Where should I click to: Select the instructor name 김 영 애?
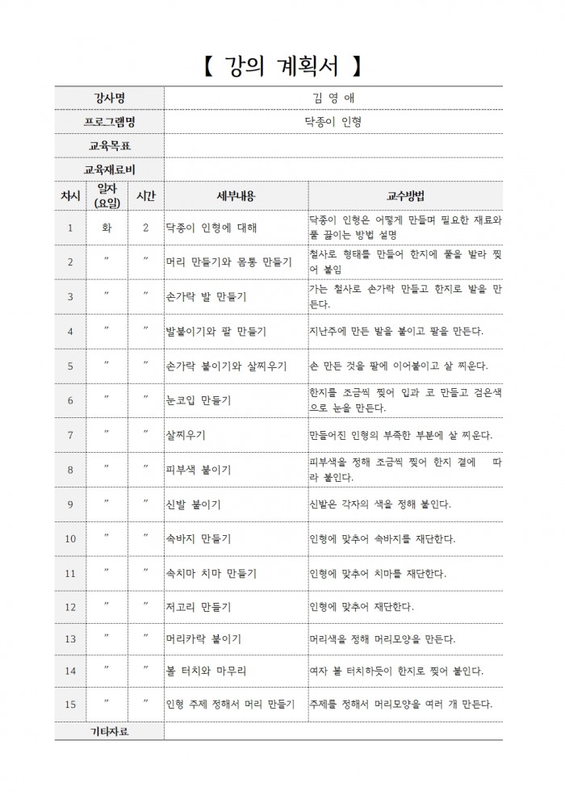[x=333, y=98]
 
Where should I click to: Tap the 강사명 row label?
[x=109, y=98]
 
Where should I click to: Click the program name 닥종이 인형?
[x=333, y=122]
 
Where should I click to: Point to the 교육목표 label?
[x=109, y=146]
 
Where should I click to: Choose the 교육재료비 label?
[x=109, y=170]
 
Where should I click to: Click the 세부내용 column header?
[x=236, y=196]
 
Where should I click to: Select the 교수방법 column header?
[x=405, y=196]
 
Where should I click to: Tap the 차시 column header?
[x=70, y=196]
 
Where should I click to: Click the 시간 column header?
[x=146, y=196]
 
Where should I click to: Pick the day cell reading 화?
[x=107, y=228]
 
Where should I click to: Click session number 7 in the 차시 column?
[x=70, y=436]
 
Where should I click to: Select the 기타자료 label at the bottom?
[x=109, y=732]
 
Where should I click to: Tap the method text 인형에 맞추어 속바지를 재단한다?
[x=383, y=538]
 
